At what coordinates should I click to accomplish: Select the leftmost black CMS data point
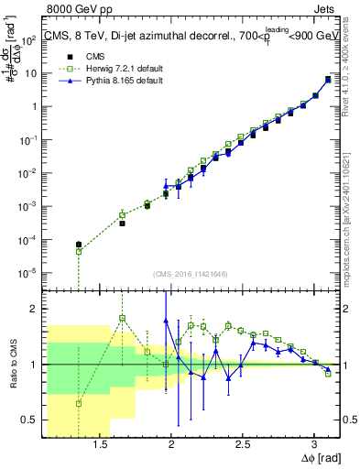79,245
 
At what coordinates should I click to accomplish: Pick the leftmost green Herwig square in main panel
79,251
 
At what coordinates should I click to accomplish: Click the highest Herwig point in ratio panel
123,318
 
